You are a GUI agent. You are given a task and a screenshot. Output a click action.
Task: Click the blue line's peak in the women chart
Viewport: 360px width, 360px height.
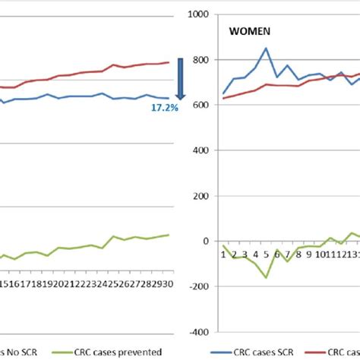coord(267,49)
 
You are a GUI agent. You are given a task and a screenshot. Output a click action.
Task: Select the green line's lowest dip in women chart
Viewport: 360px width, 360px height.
coord(267,277)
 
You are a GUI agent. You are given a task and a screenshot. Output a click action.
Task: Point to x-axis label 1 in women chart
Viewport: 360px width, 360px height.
coord(223,254)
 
